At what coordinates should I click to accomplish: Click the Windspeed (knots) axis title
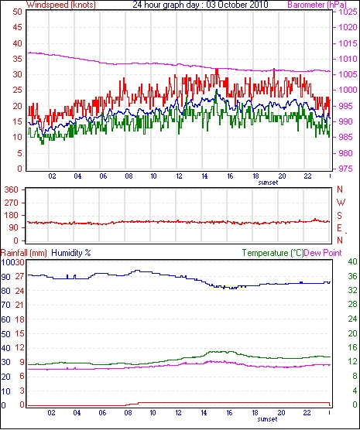coord(61,5)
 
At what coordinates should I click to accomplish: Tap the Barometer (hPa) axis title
coord(317,5)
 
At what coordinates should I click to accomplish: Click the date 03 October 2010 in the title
coord(237,5)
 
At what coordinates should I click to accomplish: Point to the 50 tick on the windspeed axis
coord(17,12)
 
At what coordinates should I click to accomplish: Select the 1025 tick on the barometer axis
coord(348,12)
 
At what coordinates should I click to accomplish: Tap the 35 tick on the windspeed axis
coord(17,59)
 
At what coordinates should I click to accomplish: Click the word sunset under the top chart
coord(268,183)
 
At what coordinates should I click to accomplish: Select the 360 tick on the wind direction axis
coord(12,189)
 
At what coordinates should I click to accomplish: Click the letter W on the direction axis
coord(341,203)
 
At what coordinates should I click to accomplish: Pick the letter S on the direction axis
coord(340,216)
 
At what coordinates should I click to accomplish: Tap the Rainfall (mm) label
coord(23,253)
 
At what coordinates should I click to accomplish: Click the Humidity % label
coord(71,253)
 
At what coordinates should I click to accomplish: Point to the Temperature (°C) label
coord(273,253)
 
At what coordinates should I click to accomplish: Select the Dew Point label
coord(323,253)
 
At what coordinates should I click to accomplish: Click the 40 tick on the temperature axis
coord(352,262)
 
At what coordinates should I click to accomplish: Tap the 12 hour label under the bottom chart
coord(179,413)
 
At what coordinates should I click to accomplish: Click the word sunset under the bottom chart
coord(267,419)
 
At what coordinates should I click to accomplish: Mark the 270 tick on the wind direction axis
coord(12,203)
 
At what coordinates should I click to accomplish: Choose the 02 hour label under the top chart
coord(52,176)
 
